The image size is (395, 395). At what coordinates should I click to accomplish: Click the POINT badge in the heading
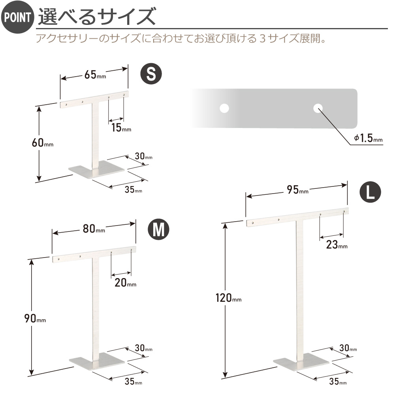(x=17, y=17)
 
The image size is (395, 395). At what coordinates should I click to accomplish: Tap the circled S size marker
(x=151, y=74)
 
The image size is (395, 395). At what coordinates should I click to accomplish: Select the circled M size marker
(x=158, y=229)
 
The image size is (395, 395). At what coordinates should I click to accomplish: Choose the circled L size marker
(x=370, y=192)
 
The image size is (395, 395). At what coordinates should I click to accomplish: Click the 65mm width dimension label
(x=95, y=75)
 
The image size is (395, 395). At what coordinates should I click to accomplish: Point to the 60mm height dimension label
(x=43, y=143)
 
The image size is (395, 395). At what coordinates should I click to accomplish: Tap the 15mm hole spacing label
(x=121, y=128)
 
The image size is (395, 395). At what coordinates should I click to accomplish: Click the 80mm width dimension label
(x=94, y=229)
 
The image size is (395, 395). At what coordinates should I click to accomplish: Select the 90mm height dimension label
(x=35, y=318)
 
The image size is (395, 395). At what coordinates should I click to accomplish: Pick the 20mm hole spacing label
(x=126, y=283)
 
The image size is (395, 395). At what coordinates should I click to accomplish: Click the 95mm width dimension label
(x=298, y=190)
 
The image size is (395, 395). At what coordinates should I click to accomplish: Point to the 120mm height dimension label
(x=228, y=298)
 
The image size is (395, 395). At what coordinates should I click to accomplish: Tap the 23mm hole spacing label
(x=337, y=245)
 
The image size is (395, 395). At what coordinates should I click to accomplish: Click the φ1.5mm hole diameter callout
(x=368, y=138)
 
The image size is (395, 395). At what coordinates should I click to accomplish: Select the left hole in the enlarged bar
(x=224, y=108)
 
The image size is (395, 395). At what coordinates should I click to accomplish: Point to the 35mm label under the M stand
(x=134, y=382)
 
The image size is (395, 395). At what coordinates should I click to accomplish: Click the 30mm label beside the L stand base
(x=348, y=348)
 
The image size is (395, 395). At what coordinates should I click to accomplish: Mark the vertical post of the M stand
(x=96, y=307)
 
